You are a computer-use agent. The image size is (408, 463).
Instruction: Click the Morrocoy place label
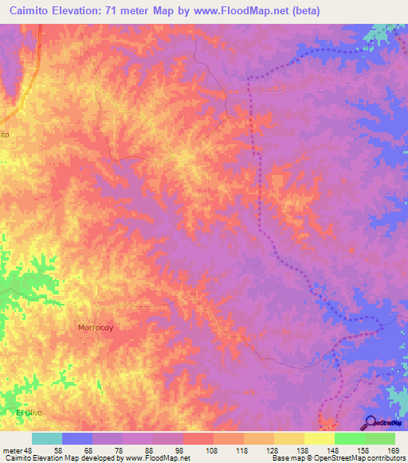pyautogui.click(x=97, y=327)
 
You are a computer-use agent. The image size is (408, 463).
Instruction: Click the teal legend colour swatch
pyautogui.click(x=47, y=439)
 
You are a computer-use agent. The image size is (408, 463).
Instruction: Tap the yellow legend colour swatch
pyautogui.click(x=319, y=439)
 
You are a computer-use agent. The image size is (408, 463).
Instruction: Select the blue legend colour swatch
pyautogui.click(x=77, y=439)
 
